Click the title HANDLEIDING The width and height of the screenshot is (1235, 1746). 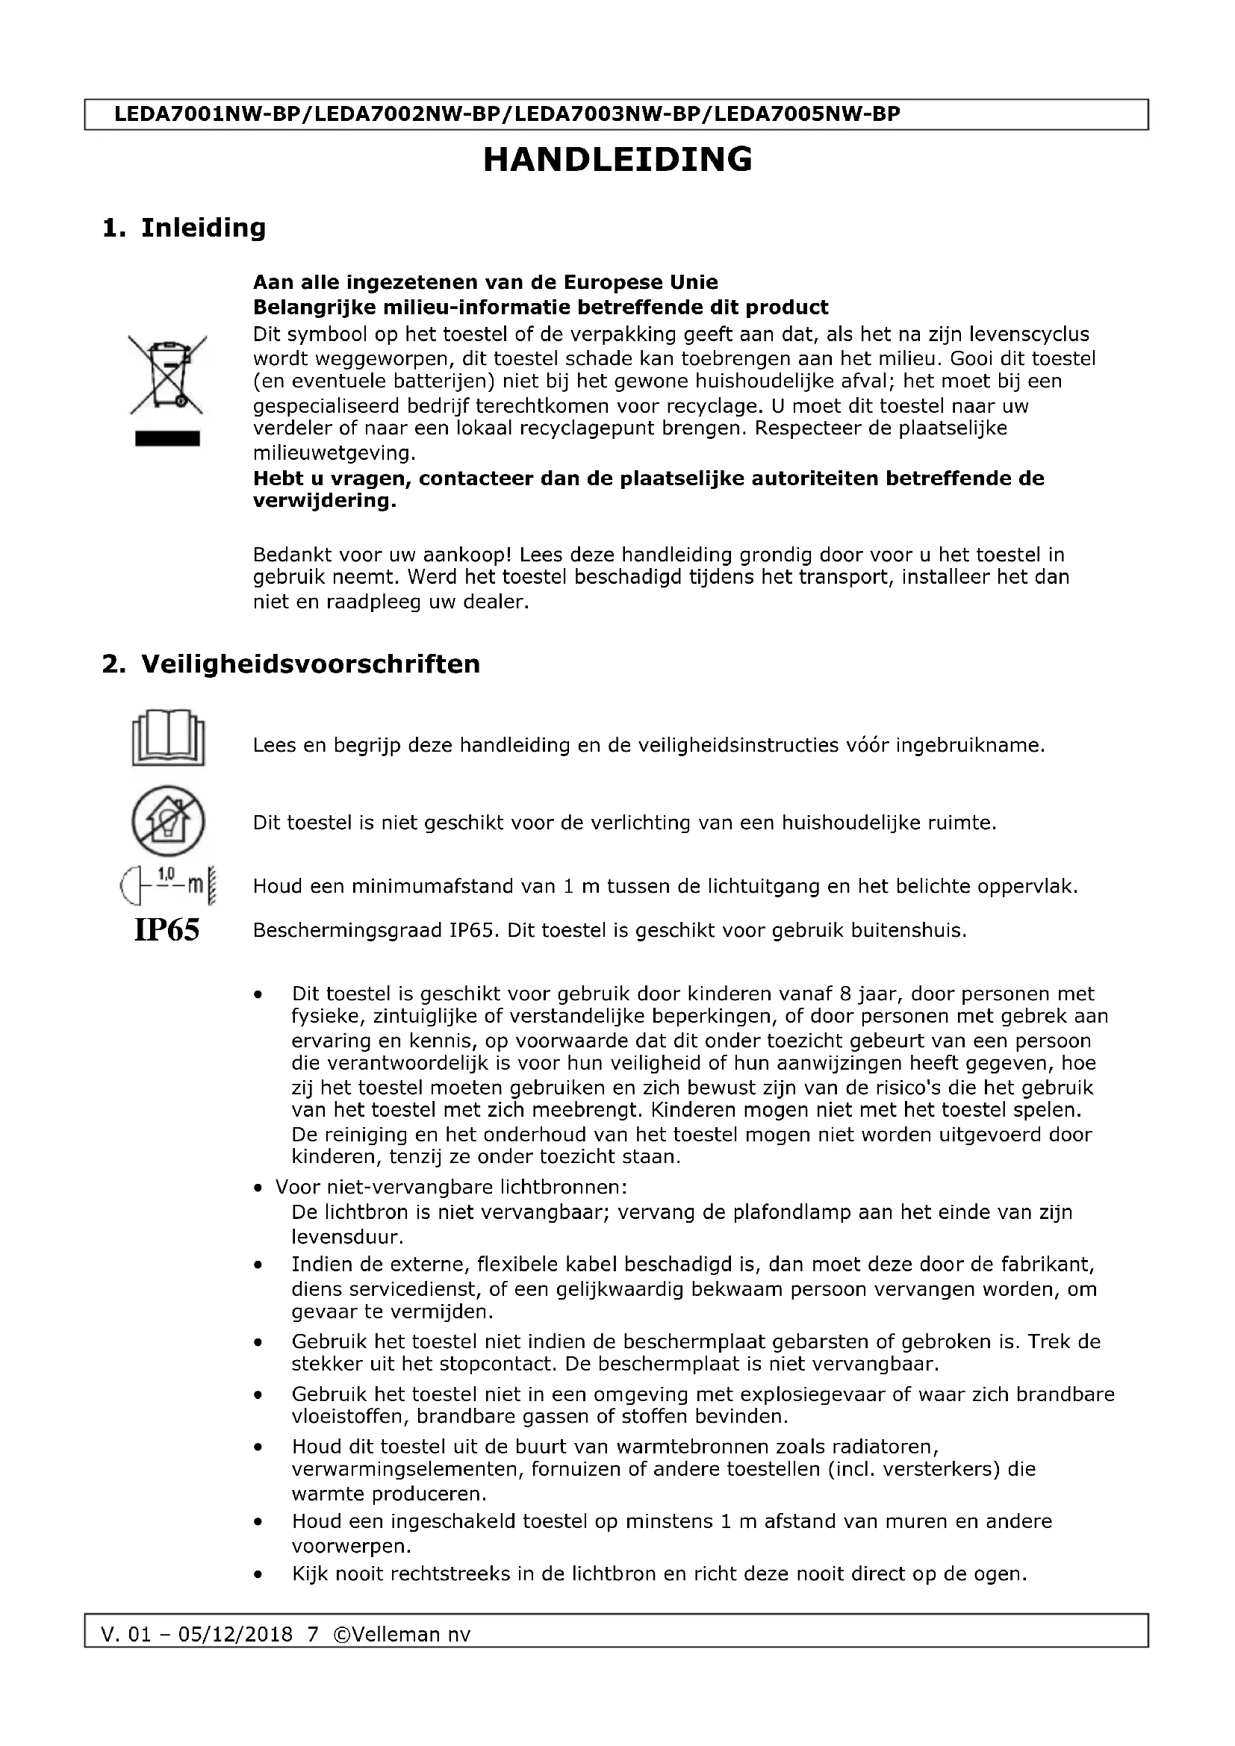(617, 160)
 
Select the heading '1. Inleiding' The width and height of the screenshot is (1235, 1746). (184, 228)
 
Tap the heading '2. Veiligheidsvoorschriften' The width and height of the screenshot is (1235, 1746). (291, 664)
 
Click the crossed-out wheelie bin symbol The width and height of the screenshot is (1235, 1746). (167, 375)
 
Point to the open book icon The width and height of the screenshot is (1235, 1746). (168, 737)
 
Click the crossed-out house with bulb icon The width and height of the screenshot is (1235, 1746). (168, 821)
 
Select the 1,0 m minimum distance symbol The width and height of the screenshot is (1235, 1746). (168, 885)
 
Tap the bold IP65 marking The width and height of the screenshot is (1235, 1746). (167, 929)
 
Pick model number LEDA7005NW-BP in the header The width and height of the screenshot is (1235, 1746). (808, 114)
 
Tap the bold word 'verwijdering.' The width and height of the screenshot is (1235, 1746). (325, 502)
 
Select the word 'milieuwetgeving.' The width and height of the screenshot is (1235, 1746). (335, 453)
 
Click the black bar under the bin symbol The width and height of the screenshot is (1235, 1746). (167, 439)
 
